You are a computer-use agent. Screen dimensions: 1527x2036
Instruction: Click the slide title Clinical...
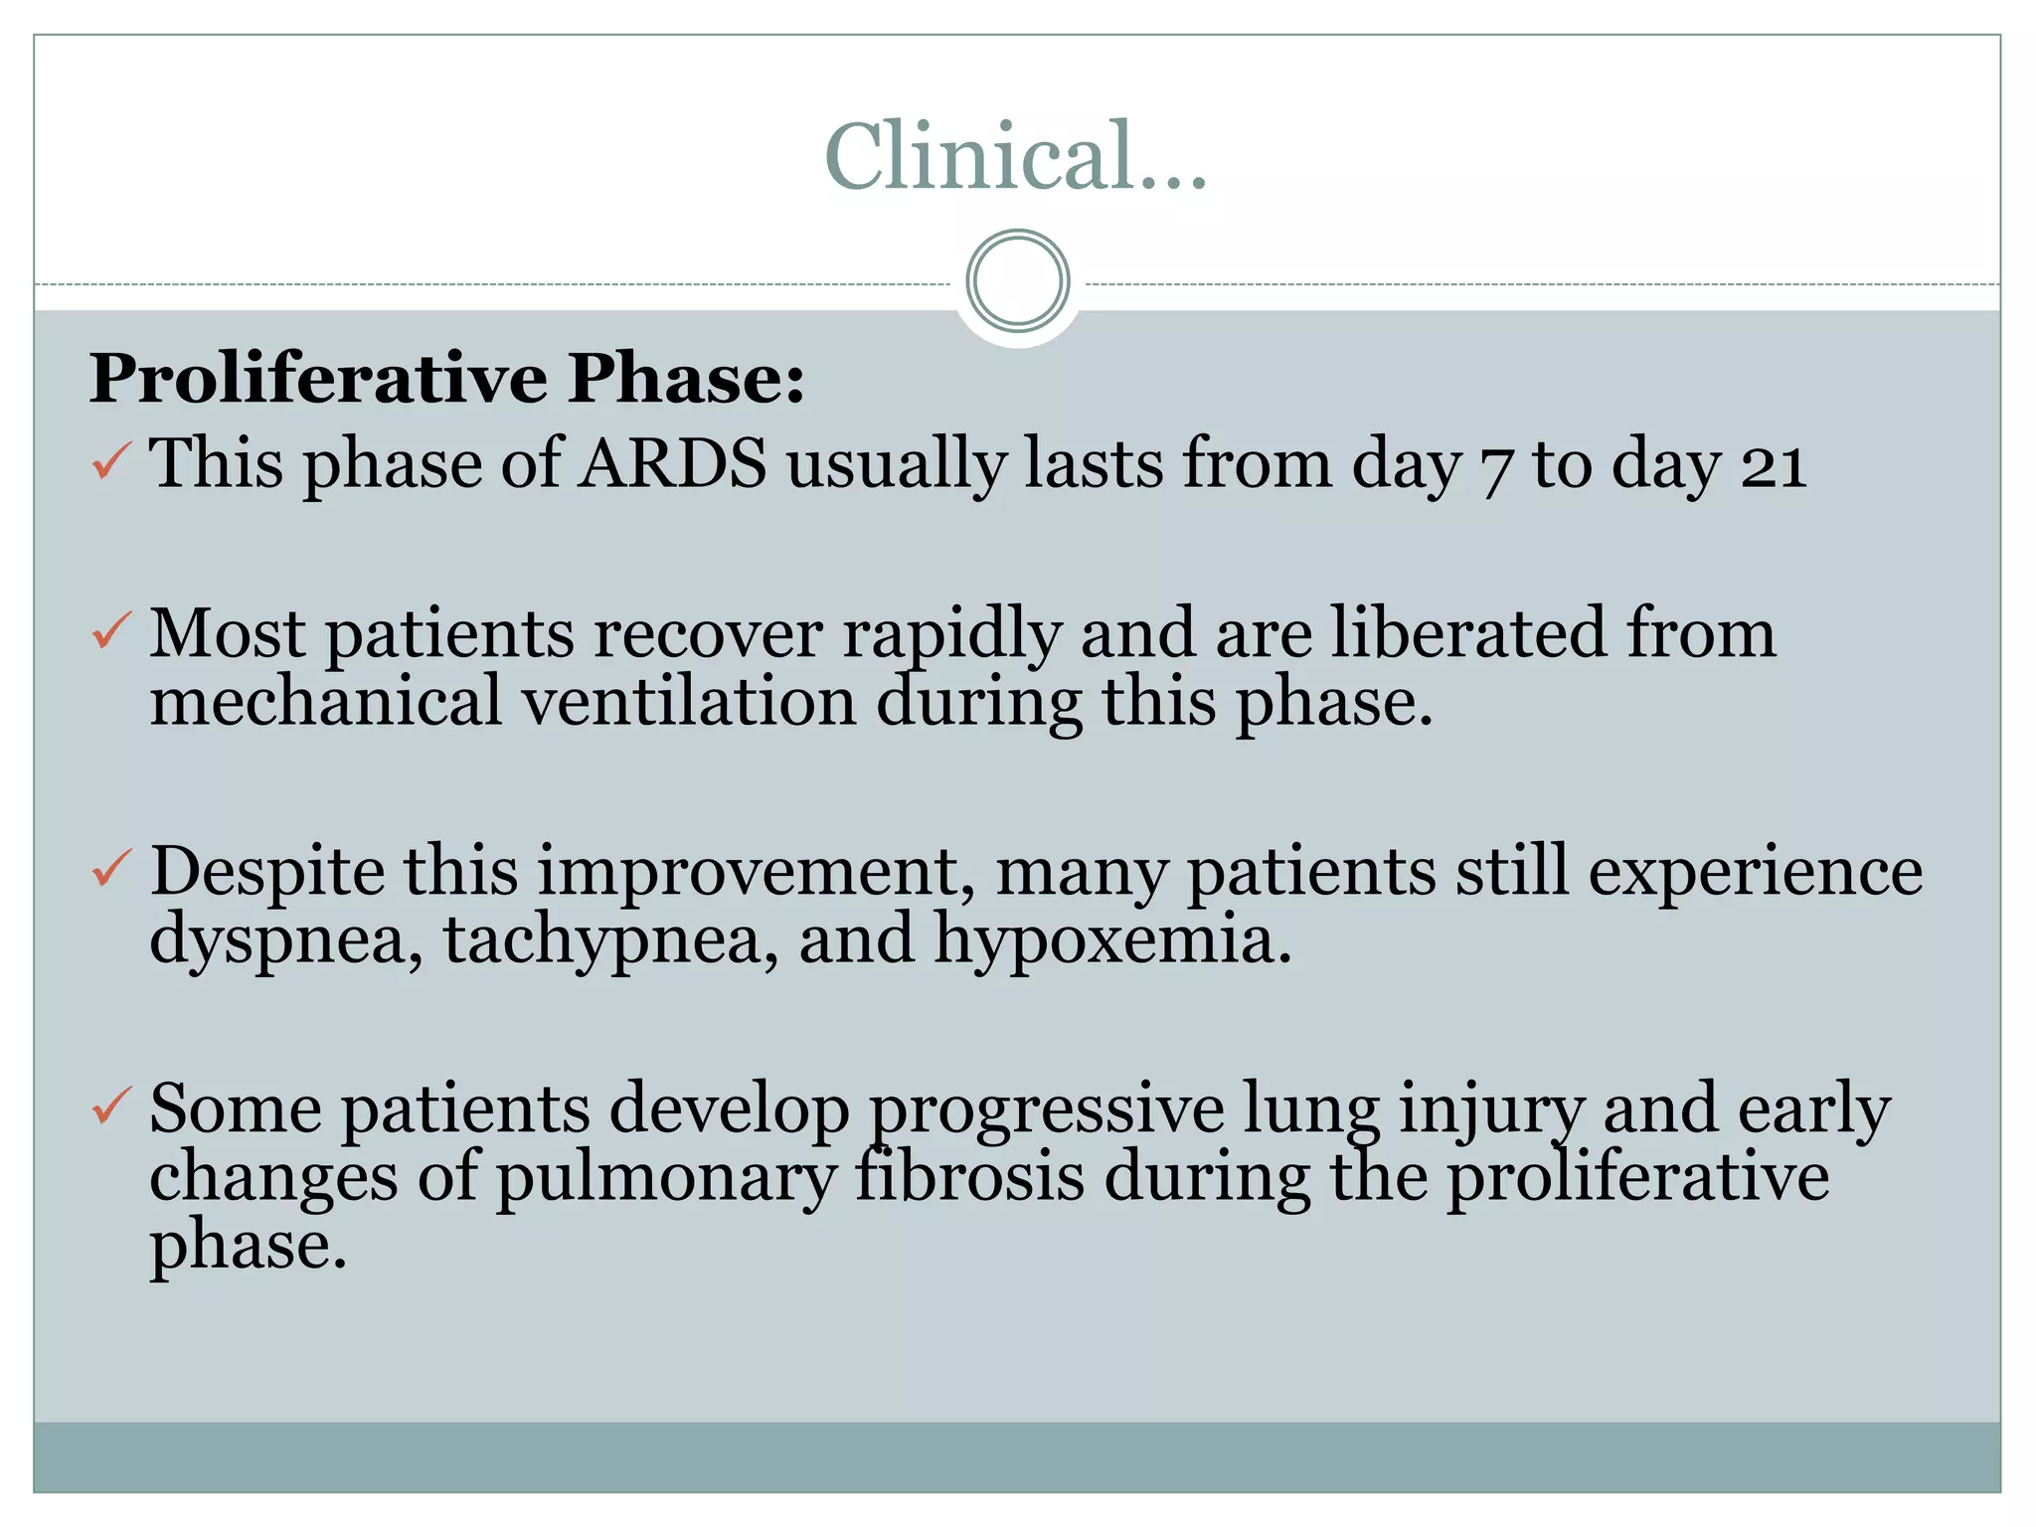pyautogui.click(x=1015, y=156)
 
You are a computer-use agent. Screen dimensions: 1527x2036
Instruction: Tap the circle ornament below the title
pyautogui.click(x=1017, y=280)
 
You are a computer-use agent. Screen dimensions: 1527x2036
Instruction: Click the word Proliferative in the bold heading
pyautogui.click(x=318, y=379)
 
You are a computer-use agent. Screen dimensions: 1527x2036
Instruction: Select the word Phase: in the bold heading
pyautogui.click(x=686, y=379)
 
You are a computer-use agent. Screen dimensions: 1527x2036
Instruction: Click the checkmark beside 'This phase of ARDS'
pyautogui.click(x=111, y=461)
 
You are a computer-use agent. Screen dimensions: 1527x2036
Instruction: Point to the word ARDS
pyautogui.click(x=673, y=463)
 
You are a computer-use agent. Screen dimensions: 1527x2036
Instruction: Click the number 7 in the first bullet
pyautogui.click(x=1496, y=469)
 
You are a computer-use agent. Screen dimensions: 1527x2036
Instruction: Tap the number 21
pyautogui.click(x=1774, y=465)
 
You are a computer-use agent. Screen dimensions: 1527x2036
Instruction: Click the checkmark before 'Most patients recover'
pyautogui.click(x=111, y=631)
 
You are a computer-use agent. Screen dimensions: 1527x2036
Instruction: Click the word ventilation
pyautogui.click(x=689, y=702)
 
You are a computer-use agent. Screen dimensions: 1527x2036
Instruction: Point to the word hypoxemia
pyautogui.click(x=1112, y=940)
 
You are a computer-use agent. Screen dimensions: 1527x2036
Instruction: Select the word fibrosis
pyautogui.click(x=969, y=1177)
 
